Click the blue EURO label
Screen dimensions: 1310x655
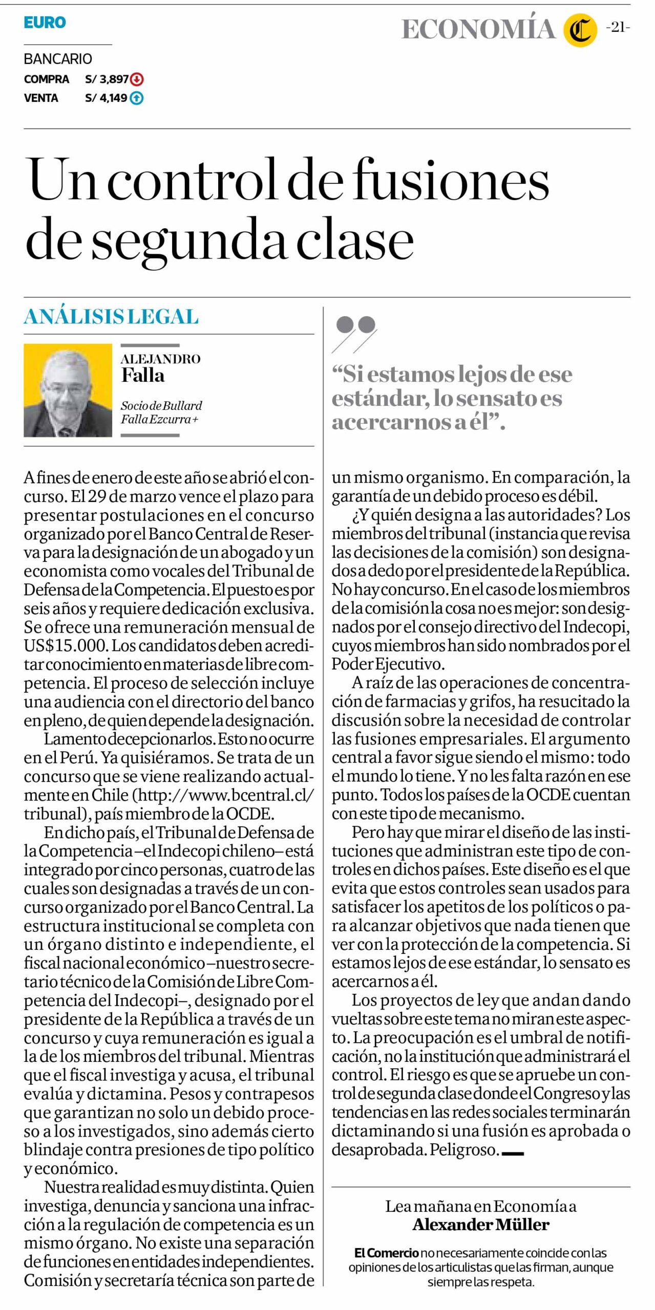pos(45,23)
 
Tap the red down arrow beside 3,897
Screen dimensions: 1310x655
pos(137,79)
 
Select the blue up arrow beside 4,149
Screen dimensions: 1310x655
pos(137,98)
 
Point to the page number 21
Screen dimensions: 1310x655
pos(618,28)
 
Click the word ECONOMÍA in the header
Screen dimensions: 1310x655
pos(478,30)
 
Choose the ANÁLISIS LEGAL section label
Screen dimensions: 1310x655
pos(111,317)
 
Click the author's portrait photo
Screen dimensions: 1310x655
pos(68,390)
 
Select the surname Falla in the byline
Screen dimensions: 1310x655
pos(143,376)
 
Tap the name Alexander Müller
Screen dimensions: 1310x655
pos(480,1225)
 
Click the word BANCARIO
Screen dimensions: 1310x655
pos(58,59)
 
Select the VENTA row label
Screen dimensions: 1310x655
pos(41,98)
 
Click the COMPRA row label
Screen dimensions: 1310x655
pos(47,79)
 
